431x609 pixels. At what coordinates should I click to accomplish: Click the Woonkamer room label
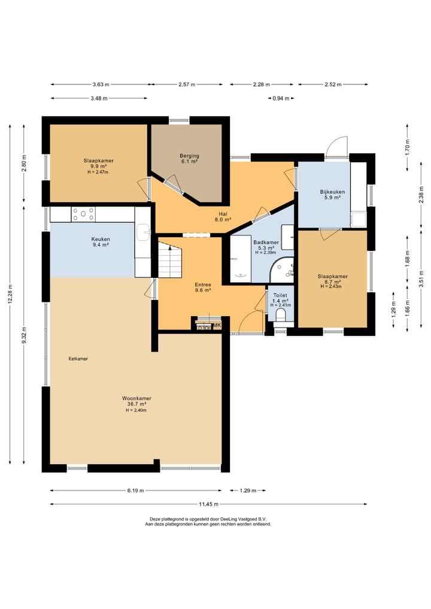click(136, 398)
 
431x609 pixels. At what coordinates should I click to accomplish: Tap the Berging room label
click(190, 156)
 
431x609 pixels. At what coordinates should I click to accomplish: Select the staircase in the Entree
click(169, 259)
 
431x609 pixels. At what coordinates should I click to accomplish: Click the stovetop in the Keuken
click(83, 214)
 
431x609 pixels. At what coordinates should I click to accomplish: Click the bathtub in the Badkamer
click(241, 259)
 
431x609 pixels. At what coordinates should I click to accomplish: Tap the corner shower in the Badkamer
click(282, 269)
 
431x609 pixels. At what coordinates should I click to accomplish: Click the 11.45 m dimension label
click(208, 504)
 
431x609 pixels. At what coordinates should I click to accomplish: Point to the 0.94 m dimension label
click(281, 98)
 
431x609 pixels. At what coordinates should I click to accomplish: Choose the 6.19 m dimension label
click(135, 490)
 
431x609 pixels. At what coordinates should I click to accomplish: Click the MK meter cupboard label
click(217, 325)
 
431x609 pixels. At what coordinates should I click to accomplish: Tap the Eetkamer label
click(78, 359)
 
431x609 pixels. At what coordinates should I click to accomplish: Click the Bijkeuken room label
click(332, 192)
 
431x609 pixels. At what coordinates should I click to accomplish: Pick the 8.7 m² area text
click(332, 281)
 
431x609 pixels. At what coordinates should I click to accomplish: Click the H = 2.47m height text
click(98, 172)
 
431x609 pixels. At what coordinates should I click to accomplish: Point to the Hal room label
click(223, 214)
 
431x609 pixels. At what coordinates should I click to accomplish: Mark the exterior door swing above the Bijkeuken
click(336, 147)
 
